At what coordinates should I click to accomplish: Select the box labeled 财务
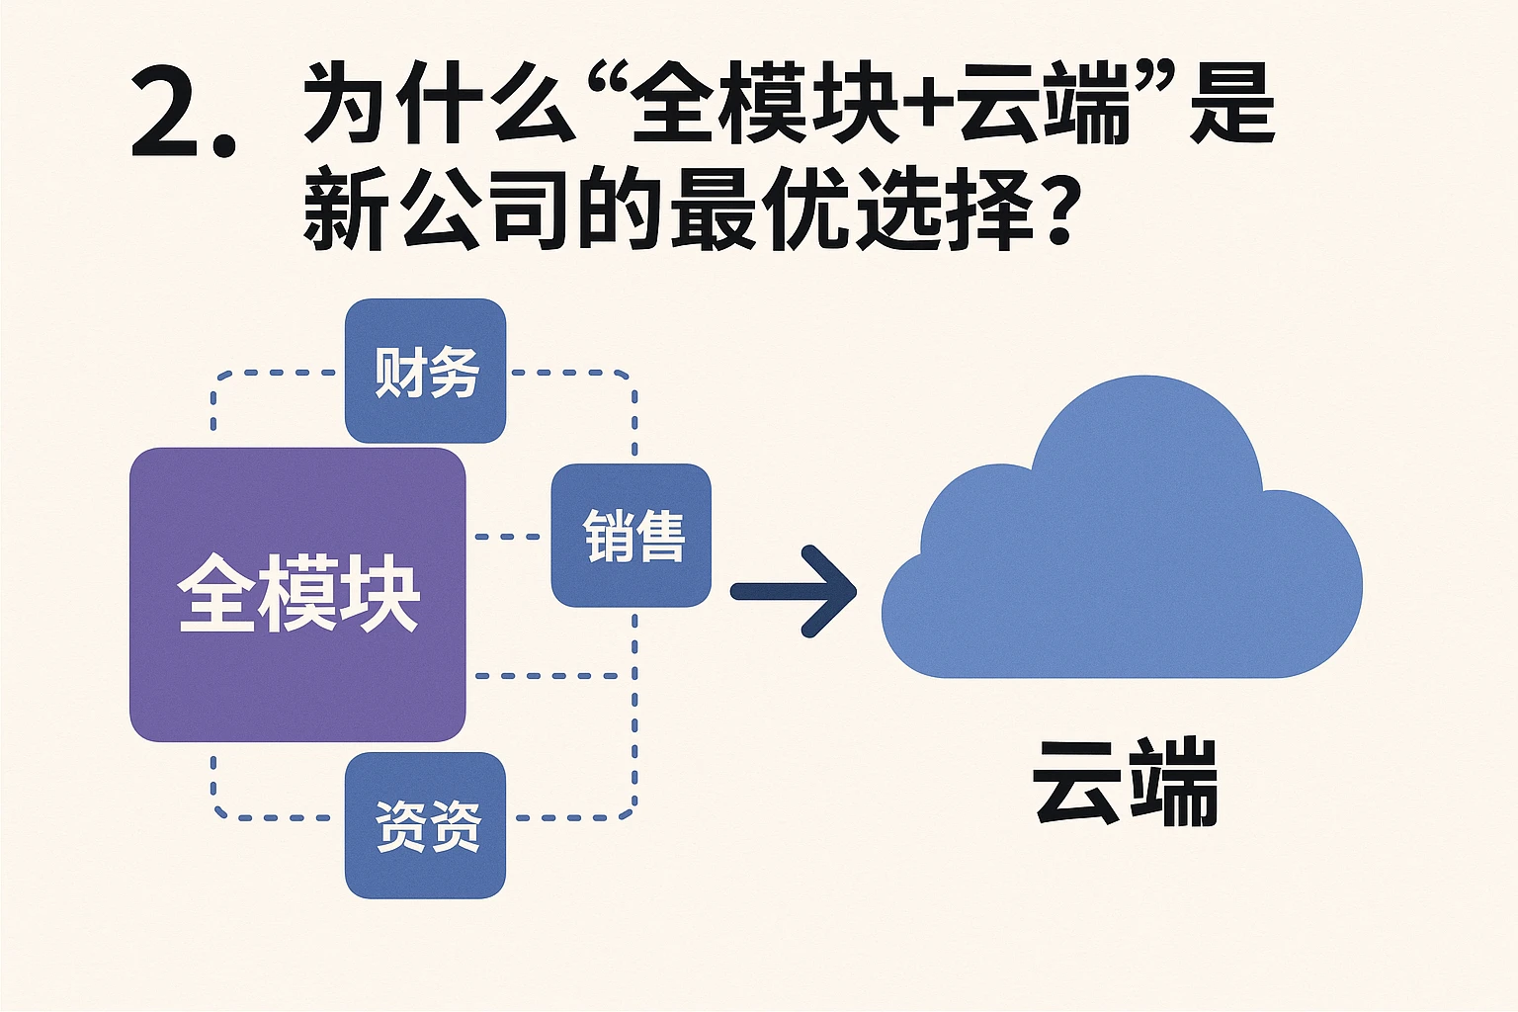(425, 371)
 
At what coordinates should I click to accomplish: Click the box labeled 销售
(632, 535)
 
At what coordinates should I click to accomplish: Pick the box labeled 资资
(426, 825)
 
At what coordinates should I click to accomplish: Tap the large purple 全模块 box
(296, 672)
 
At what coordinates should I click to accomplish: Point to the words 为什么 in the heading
(439, 104)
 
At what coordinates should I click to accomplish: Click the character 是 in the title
(1231, 104)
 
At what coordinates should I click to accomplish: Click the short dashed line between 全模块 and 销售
(507, 537)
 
